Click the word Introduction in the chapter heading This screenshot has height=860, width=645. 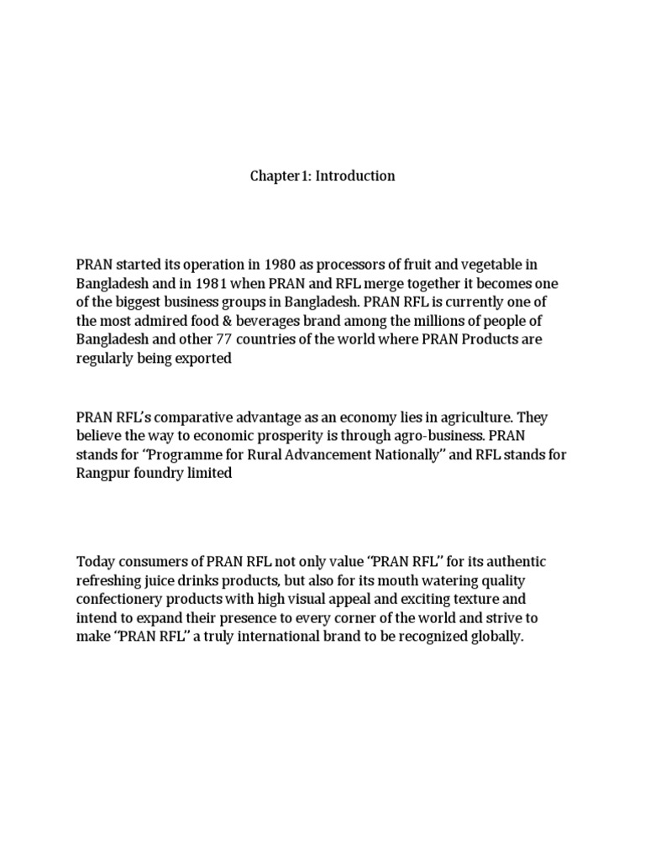pyautogui.click(x=355, y=176)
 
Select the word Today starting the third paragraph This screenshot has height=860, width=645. pyautogui.click(x=95, y=561)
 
